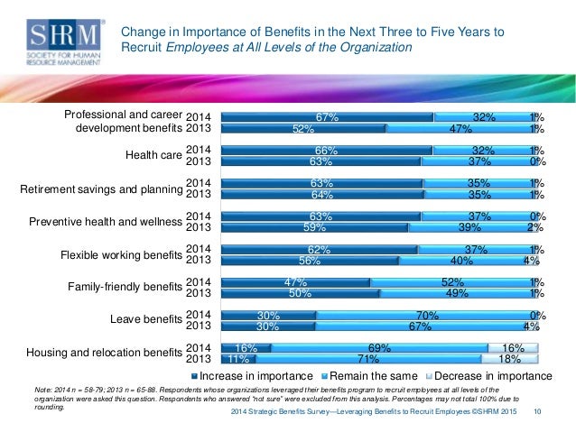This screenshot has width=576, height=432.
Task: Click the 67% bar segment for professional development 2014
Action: (327, 116)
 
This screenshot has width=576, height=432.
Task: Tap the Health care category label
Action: (154, 155)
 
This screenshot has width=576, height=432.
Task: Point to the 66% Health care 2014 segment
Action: (326, 150)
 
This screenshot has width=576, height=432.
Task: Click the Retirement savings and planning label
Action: (101, 188)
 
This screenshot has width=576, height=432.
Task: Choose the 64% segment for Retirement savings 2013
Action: (321, 194)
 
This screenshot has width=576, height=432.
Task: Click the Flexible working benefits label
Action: (122, 254)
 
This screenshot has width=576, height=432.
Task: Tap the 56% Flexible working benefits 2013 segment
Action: (309, 261)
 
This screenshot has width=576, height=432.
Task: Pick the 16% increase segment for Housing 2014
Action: (246, 348)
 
